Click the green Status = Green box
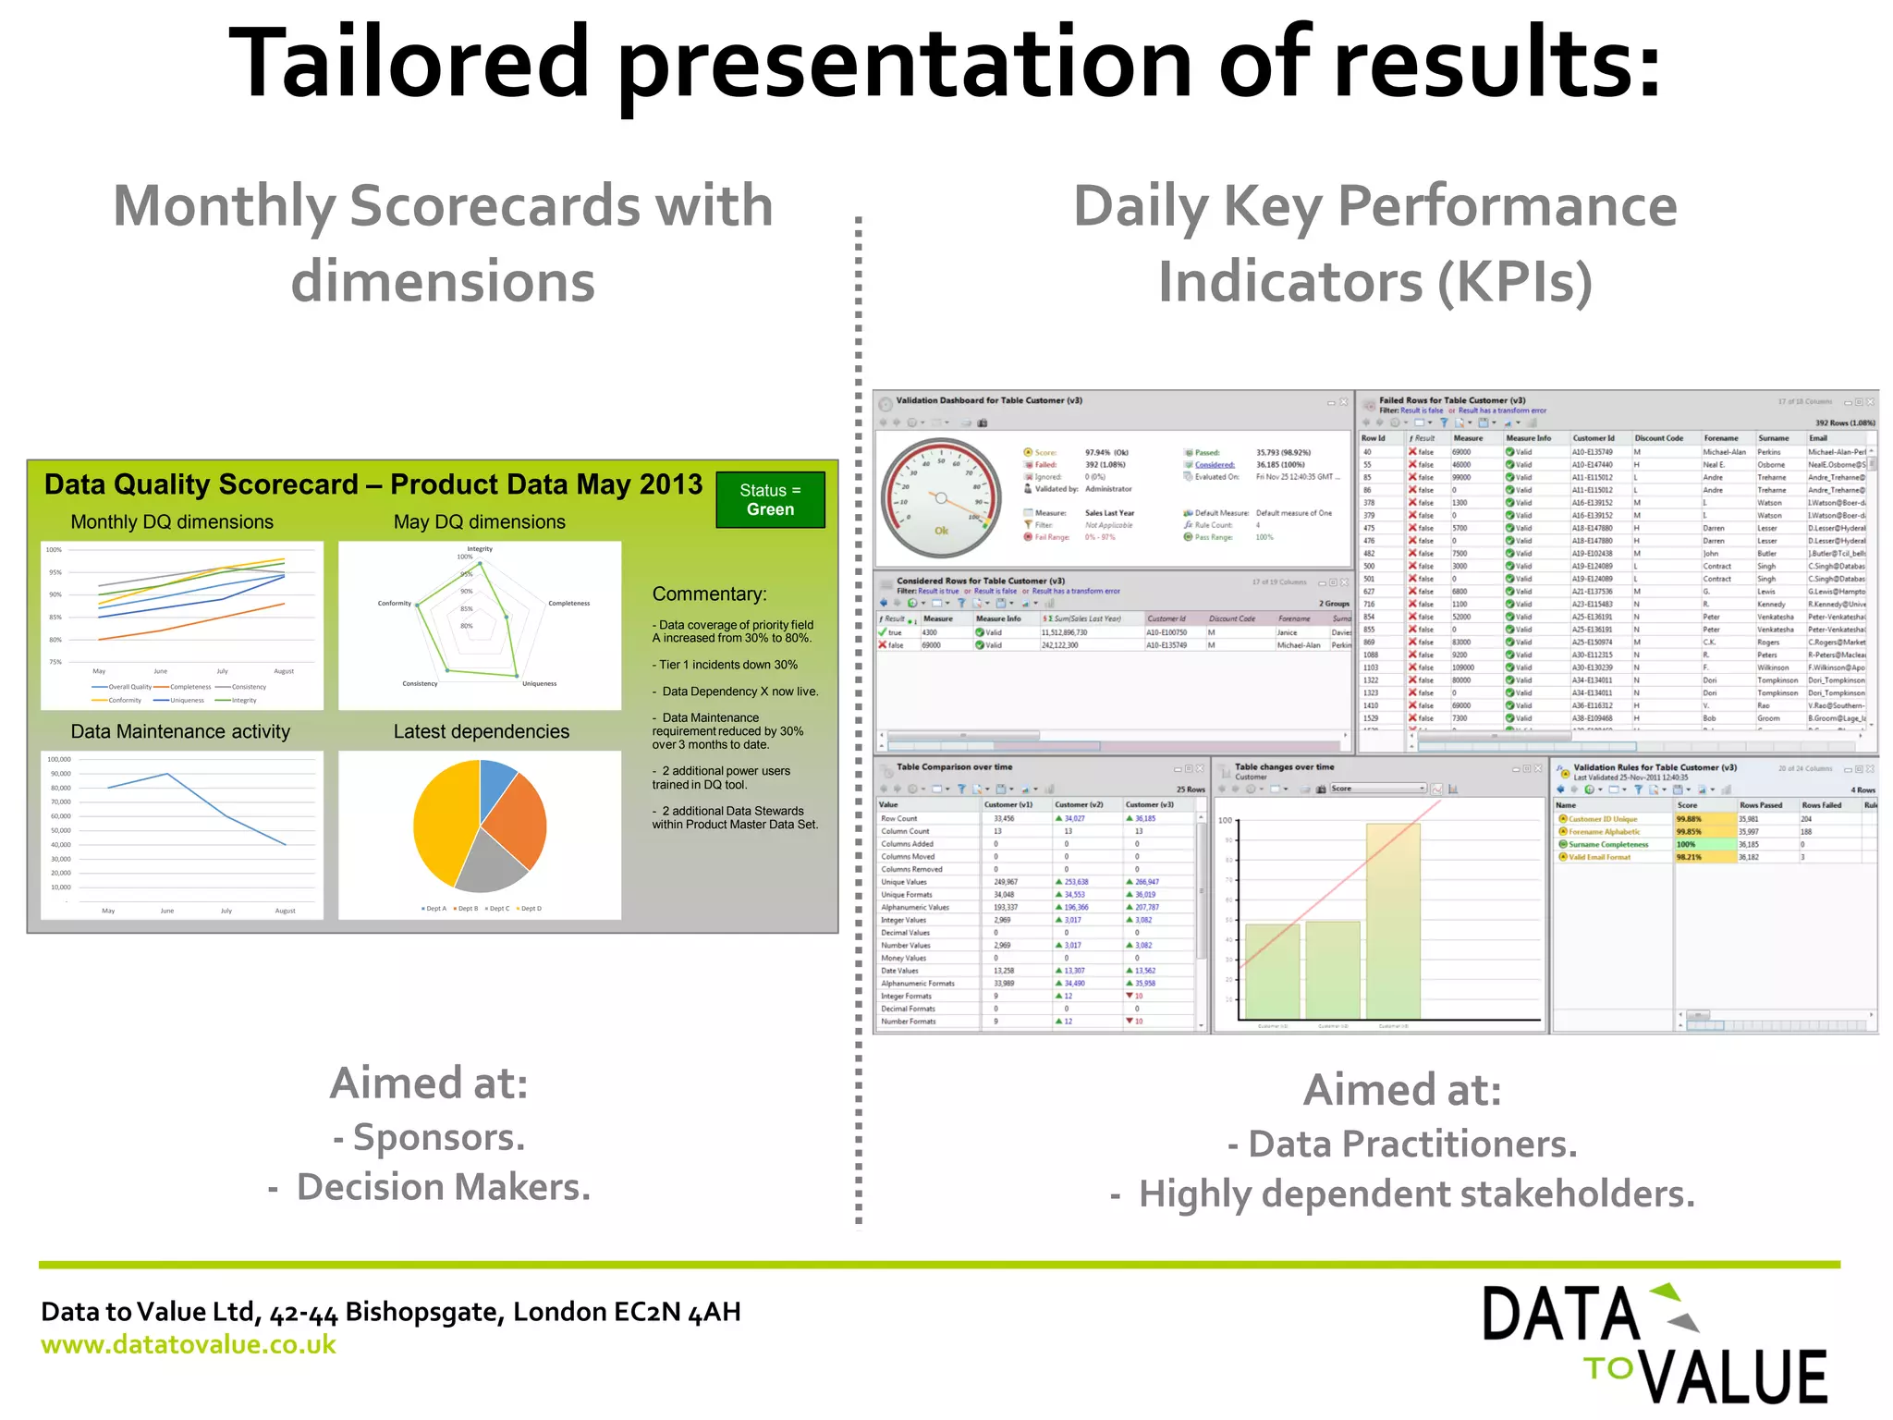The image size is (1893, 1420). pos(770,500)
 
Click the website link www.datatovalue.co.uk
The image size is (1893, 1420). pos(189,1344)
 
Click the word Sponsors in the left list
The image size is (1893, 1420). pos(438,1138)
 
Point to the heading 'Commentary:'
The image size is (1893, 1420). pos(709,594)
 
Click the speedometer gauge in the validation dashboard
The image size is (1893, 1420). pos(941,498)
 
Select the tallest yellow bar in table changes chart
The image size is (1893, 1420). pos(1392,920)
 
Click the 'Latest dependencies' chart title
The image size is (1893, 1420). pos(481,731)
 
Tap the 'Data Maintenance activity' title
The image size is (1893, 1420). pos(180,731)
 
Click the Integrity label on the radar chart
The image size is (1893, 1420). pos(480,549)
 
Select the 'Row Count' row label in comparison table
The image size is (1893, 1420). pos(898,818)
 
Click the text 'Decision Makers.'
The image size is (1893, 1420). pos(443,1188)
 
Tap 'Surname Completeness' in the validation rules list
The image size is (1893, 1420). pos(1607,844)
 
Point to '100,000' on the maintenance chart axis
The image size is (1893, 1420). pos(59,759)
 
